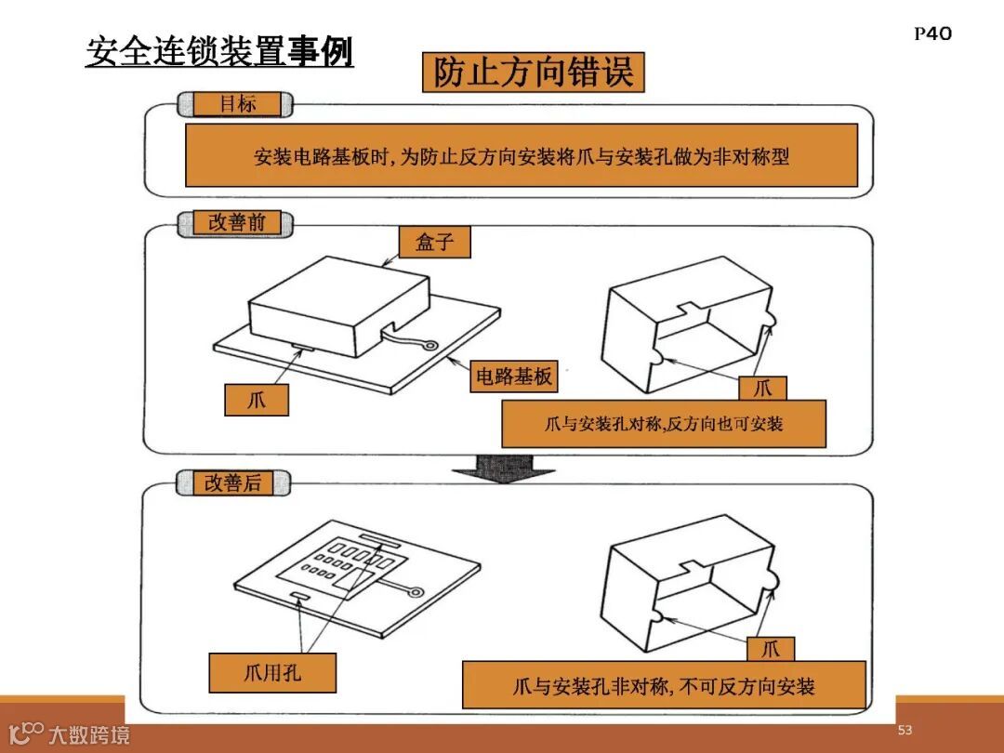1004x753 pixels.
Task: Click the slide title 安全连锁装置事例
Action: pos(219,51)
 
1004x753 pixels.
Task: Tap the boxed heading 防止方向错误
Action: pos(533,73)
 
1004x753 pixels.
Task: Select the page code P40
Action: pos(932,34)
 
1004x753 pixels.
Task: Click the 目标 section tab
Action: pos(236,104)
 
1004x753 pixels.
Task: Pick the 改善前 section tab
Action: pos(235,222)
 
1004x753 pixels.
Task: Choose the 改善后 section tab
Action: pos(232,482)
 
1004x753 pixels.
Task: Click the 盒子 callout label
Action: pos(434,243)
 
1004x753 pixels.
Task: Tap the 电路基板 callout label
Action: pos(513,376)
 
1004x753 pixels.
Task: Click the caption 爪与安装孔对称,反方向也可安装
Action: pos(664,424)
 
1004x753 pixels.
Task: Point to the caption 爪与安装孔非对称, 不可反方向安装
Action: pos(664,686)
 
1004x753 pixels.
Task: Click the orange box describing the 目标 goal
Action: pos(521,156)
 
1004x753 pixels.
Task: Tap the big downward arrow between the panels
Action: pos(503,467)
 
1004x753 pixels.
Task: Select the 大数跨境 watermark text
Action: pos(89,735)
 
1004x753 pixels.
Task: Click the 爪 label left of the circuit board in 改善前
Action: pos(257,401)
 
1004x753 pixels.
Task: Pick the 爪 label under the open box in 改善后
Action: pos(771,648)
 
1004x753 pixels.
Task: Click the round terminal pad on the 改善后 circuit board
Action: pos(416,591)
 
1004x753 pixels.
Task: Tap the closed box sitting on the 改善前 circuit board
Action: pos(339,307)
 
